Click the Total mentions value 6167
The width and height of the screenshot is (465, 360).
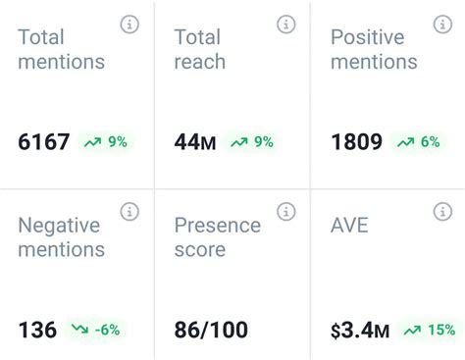click(x=44, y=142)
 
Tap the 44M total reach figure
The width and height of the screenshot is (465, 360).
click(x=195, y=142)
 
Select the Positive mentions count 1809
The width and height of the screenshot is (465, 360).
click(x=356, y=142)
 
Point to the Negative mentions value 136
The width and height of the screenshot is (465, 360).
click(x=37, y=330)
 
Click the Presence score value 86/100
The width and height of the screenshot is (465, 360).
click(x=211, y=330)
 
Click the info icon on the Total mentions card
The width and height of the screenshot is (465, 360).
click(x=129, y=25)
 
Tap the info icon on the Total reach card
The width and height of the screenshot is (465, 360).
click(x=286, y=25)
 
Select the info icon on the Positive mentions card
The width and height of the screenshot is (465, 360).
click(x=442, y=25)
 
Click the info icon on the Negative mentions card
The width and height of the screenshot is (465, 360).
click(x=129, y=211)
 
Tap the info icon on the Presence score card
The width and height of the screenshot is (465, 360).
click(x=286, y=211)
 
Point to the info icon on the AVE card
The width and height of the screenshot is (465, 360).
click(x=442, y=211)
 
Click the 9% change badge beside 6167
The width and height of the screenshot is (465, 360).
click(x=105, y=142)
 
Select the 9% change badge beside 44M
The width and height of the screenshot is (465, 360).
click(x=252, y=142)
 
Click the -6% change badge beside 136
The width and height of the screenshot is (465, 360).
click(x=95, y=330)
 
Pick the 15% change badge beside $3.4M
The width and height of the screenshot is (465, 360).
click(x=429, y=330)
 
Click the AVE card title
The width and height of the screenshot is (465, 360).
click(x=349, y=225)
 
